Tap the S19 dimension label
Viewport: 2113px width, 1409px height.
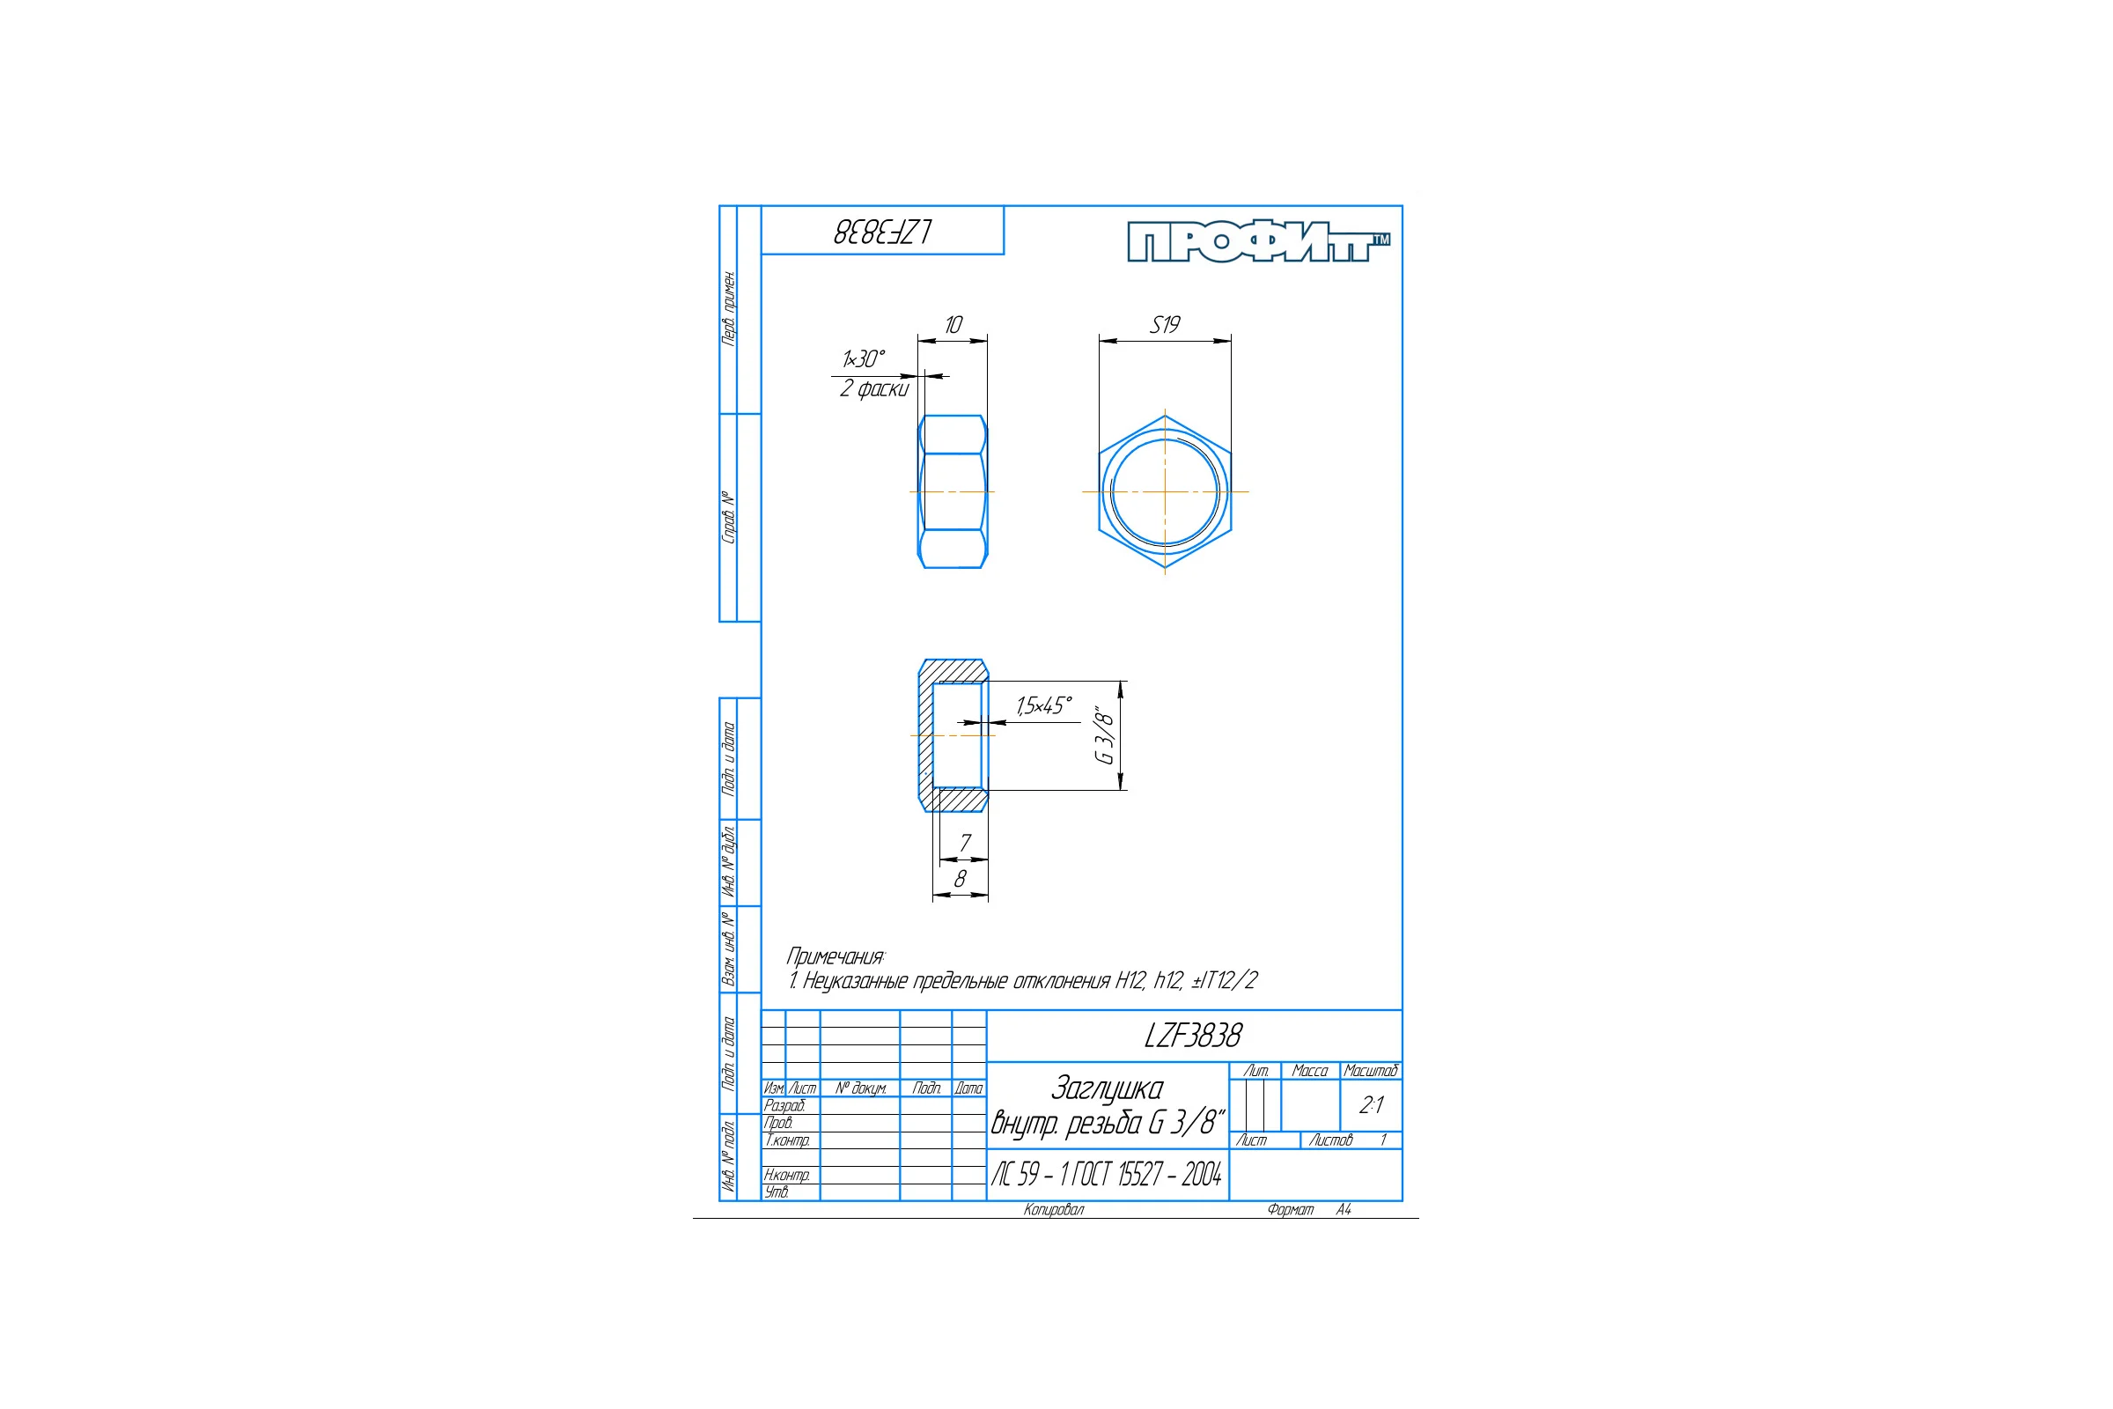(1165, 324)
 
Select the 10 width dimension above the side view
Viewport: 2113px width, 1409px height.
(953, 324)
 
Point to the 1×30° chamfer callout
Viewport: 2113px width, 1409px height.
(864, 358)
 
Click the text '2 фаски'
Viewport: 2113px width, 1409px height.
(874, 388)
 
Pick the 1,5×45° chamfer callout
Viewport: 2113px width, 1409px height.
(1044, 705)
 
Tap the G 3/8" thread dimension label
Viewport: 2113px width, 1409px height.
(1104, 734)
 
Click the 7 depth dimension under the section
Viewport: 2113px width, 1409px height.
(965, 843)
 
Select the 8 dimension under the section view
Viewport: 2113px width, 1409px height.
(961, 879)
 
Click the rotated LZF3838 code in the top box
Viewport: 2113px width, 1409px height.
(882, 232)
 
